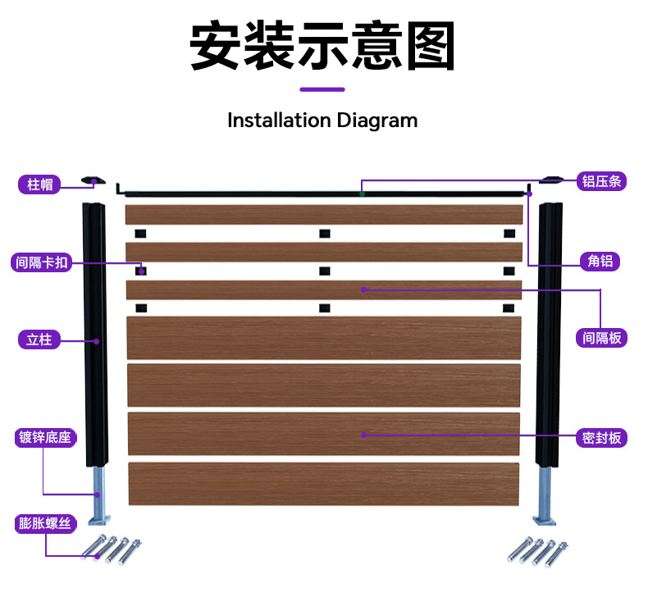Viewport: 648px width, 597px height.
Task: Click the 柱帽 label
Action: pos(39,185)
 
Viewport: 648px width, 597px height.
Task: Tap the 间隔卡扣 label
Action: pos(41,262)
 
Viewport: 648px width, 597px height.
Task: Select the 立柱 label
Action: pos(39,340)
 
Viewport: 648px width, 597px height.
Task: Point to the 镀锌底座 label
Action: pos(45,438)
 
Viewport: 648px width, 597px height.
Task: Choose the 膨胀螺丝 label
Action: pos(45,523)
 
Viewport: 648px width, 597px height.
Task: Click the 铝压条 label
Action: pos(601,181)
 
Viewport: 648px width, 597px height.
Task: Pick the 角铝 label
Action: pos(600,261)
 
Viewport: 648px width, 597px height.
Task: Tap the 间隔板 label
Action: pos(601,338)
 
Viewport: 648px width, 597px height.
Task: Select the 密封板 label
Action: pos(601,438)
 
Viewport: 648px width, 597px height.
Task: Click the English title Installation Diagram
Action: pos(322,121)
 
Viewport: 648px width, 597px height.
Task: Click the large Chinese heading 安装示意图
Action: pos(322,45)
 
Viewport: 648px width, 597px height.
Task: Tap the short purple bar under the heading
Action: pos(322,89)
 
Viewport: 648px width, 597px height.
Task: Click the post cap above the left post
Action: pos(93,180)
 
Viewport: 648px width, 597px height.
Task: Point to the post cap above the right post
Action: pos(551,180)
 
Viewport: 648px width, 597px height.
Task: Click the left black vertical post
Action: pos(96,335)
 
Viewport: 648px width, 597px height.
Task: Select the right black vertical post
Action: pos(550,335)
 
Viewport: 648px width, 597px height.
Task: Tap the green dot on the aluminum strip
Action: pos(362,194)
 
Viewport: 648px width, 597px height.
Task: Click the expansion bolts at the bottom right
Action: pos(537,552)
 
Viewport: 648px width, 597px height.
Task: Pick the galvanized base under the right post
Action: pos(545,497)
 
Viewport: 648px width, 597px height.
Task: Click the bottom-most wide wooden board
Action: pos(323,484)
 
